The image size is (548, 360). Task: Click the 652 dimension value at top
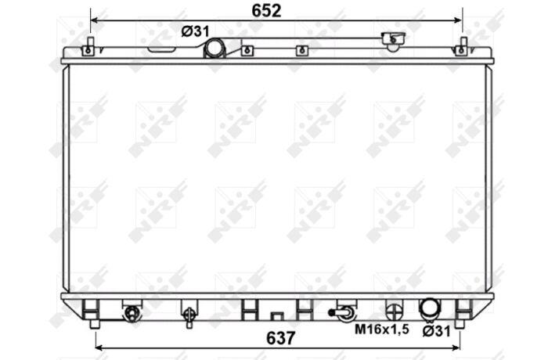(266, 11)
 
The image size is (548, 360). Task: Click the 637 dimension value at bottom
(280, 338)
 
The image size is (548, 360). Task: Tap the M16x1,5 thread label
(382, 329)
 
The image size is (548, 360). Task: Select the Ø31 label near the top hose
(196, 32)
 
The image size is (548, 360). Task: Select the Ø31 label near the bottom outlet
(437, 331)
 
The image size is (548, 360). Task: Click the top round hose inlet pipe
(214, 48)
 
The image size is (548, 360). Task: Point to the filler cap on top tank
(394, 40)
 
